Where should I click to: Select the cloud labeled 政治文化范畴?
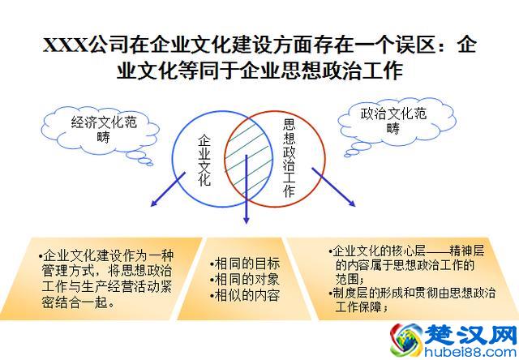coord(393,121)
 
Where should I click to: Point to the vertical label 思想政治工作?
coord(289,158)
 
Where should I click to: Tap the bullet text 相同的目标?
coord(247,264)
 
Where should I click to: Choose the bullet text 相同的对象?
coord(247,280)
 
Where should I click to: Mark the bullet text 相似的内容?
coord(247,296)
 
